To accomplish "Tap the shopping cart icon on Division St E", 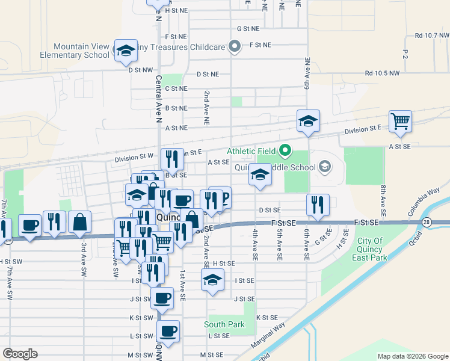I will coord(400,122).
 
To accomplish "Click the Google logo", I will coord(20,354).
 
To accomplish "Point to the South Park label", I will coord(224,324).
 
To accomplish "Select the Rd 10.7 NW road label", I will coord(428,35).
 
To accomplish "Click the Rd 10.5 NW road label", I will coord(381,73).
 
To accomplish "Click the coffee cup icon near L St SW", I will coord(168,331).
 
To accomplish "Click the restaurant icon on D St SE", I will coord(317,205).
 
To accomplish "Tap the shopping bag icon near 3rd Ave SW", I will coord(79,222).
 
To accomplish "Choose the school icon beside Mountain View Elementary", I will coord(126,51).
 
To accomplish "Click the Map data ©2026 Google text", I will coord(411,356).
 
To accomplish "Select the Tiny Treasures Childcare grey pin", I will coord(235,46).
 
